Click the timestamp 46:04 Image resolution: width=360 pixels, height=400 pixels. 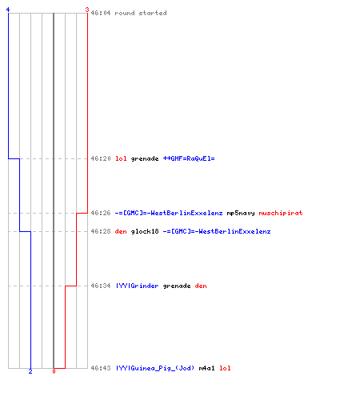pos(101,13)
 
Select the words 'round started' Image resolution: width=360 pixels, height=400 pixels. pos(141,13)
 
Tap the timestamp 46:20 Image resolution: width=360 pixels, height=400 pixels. pos(101,158)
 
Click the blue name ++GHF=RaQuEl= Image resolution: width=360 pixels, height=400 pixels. pos(189,158)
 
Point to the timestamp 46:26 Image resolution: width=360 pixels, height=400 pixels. pos(101,213)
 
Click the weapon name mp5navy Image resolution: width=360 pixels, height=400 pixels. pos(241,213)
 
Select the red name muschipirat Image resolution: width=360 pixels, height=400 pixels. pos(281,213)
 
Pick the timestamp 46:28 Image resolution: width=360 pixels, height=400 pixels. pos(101,231)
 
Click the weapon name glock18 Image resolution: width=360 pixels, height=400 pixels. pos(145,231)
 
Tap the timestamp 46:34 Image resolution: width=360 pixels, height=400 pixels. pos(101,286)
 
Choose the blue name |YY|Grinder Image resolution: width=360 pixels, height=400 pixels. pos(137,286)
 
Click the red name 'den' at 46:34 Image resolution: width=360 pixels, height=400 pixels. pos(201,286)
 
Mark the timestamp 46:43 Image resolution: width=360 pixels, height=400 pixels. pos(101,368)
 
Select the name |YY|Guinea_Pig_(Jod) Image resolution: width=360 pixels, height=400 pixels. pos(155,368)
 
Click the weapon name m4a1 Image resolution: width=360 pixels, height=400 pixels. pos(206,368)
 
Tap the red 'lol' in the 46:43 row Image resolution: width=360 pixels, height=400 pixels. pos(225,368)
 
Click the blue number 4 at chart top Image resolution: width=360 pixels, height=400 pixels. pos(8,10)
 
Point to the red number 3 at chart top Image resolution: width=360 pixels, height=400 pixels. pos(87,10)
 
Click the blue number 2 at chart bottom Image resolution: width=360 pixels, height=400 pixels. pos(30,371)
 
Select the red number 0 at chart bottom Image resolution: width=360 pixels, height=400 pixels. pos(54,371)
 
